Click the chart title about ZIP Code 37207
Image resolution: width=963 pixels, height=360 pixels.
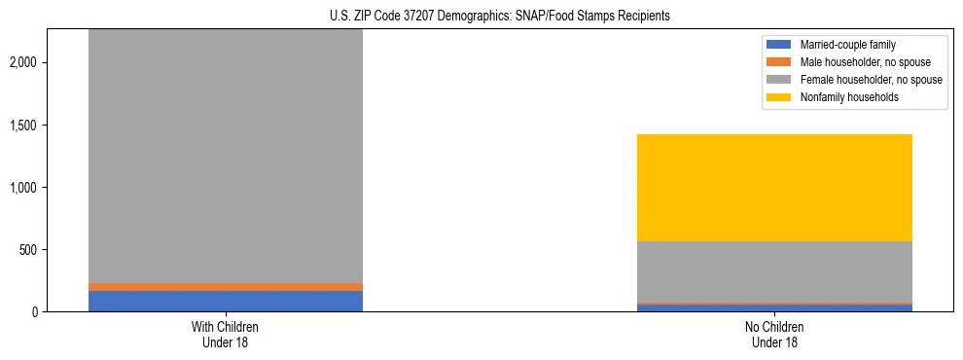click(x=481, y=16)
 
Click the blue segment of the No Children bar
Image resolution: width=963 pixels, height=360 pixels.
click(x=775, y=307)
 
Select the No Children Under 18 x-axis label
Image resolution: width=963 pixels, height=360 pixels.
click(x=775, y=334)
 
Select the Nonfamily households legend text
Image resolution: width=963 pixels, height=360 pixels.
click(x=843, y=97)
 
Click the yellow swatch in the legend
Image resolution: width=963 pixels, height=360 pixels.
click(x=780, y=97)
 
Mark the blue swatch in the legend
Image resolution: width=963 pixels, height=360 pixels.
click(x=780, y=45)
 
